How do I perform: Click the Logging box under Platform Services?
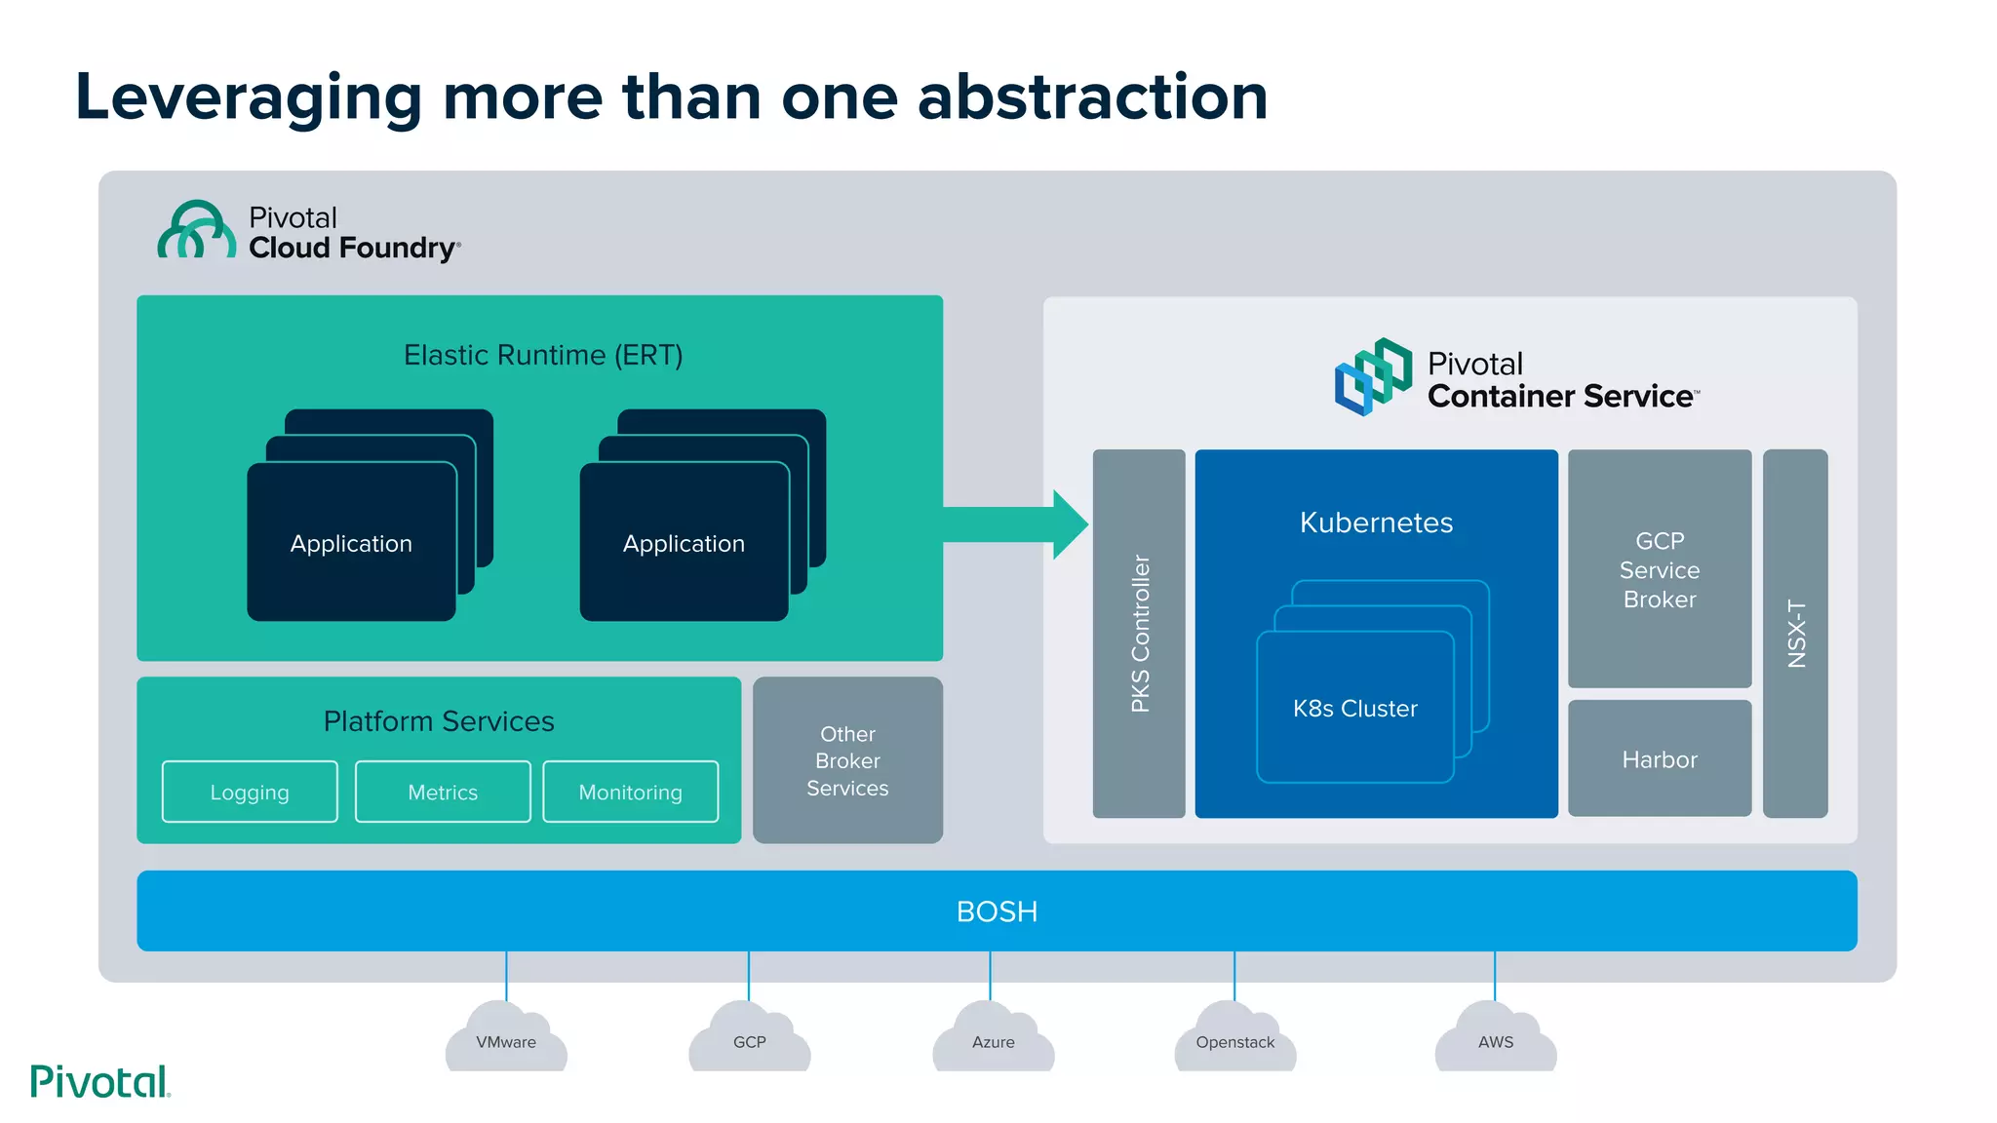[x=250, y=792]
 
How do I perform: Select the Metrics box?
[x=443, y=792]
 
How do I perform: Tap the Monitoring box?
[x=630, y=792]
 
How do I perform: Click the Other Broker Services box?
[x=847, y=760]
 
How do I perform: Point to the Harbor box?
[x=1659, y=758]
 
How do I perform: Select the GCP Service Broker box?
[x=1659, y=569]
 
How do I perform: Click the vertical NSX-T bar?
[x=1795, y=634]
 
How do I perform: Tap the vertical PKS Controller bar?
[x=1139, y=634]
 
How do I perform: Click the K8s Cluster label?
[x=1354, y=709]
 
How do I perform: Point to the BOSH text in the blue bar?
[x=997, y=911]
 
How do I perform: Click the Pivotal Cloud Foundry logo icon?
[x=196, y=231]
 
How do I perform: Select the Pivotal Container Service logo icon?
[x=1373, y=376]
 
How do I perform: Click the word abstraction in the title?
[x=1092, y=97]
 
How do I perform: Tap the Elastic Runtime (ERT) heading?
[x=543, y=355]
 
